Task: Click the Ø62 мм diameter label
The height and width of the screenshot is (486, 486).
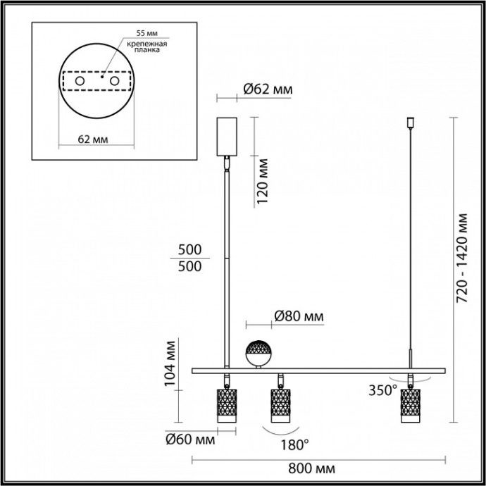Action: pos(267,89)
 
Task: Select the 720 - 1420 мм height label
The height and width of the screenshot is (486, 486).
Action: pos(463,258)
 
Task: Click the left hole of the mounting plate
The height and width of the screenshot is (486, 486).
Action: pos(79,82)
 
